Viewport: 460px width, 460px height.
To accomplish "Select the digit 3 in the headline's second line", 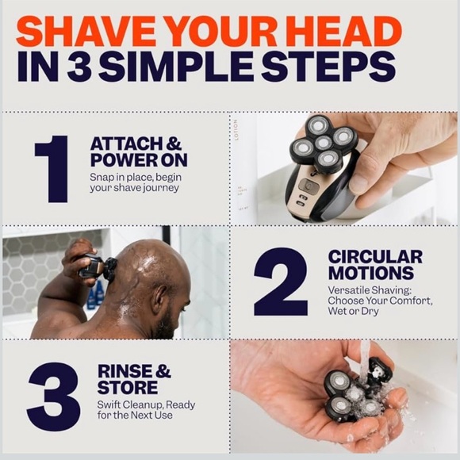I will pyautogui.click(x=82, y=68).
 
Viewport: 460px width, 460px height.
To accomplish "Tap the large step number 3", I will pyautogui.click(x=53, y=396).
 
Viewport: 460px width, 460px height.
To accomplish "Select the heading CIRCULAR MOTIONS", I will pyautogui.click(x=375, y=266).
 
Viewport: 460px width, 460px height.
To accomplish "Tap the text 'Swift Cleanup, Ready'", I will pyautogui.click(x=146, y=404).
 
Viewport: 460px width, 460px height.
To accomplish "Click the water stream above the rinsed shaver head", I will pyautogui.click(x=364, y=357).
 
